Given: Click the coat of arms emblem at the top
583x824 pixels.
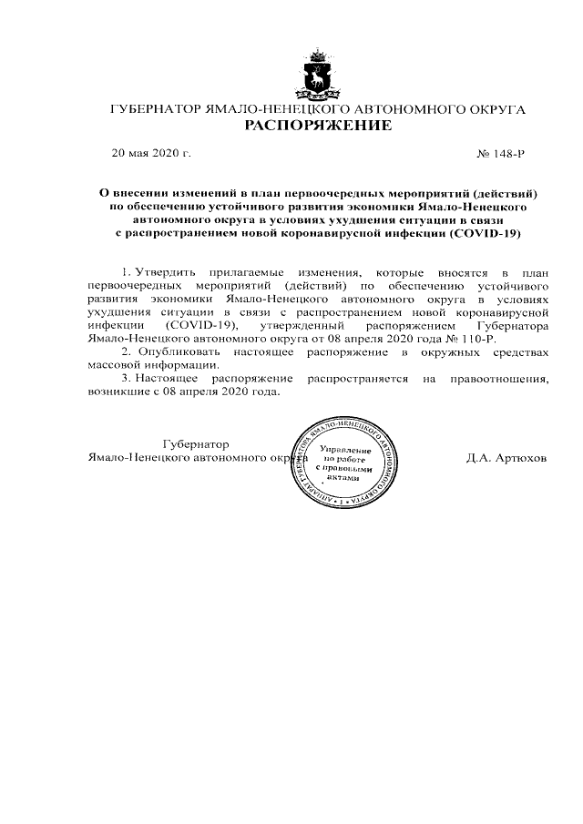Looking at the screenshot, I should (x=317, y=77).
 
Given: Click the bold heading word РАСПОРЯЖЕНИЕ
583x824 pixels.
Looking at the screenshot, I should (x=318, y=126).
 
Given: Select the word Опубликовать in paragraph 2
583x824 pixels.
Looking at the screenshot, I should (x=175, y=351).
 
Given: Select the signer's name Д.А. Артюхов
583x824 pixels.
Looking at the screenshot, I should (x=506, y=458).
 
